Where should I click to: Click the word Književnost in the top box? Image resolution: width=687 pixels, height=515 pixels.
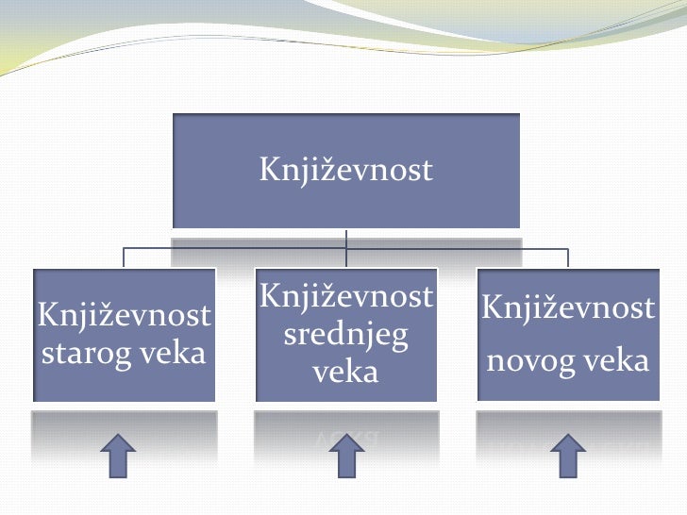(x=345, y=170)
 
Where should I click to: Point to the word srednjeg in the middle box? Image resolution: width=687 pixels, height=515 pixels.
(x=345, y=335)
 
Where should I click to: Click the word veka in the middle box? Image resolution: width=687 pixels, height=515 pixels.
(x=345, y=371)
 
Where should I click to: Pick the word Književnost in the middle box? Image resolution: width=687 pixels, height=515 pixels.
(x=345, y=297)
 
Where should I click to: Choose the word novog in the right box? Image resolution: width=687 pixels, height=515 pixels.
(x=527, y=360)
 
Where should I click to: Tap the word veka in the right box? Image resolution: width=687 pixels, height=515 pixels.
(x=613, y=360)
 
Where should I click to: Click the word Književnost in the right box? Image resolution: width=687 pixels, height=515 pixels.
(x=568, y=307)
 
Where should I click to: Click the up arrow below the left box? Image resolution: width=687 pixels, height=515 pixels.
(x=118, y=457)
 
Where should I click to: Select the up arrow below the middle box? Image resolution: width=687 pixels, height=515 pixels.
(x=346, y=457)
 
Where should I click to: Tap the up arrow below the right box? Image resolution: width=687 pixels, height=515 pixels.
(x=568, y=457)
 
